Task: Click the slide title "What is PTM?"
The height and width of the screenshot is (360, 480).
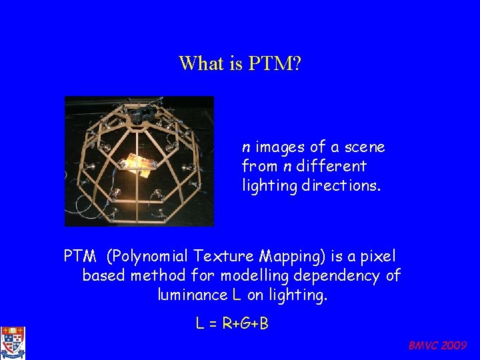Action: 241,63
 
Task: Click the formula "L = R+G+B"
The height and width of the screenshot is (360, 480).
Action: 232,324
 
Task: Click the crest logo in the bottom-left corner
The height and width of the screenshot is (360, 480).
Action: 13,343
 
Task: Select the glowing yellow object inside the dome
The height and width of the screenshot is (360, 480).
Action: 135,162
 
